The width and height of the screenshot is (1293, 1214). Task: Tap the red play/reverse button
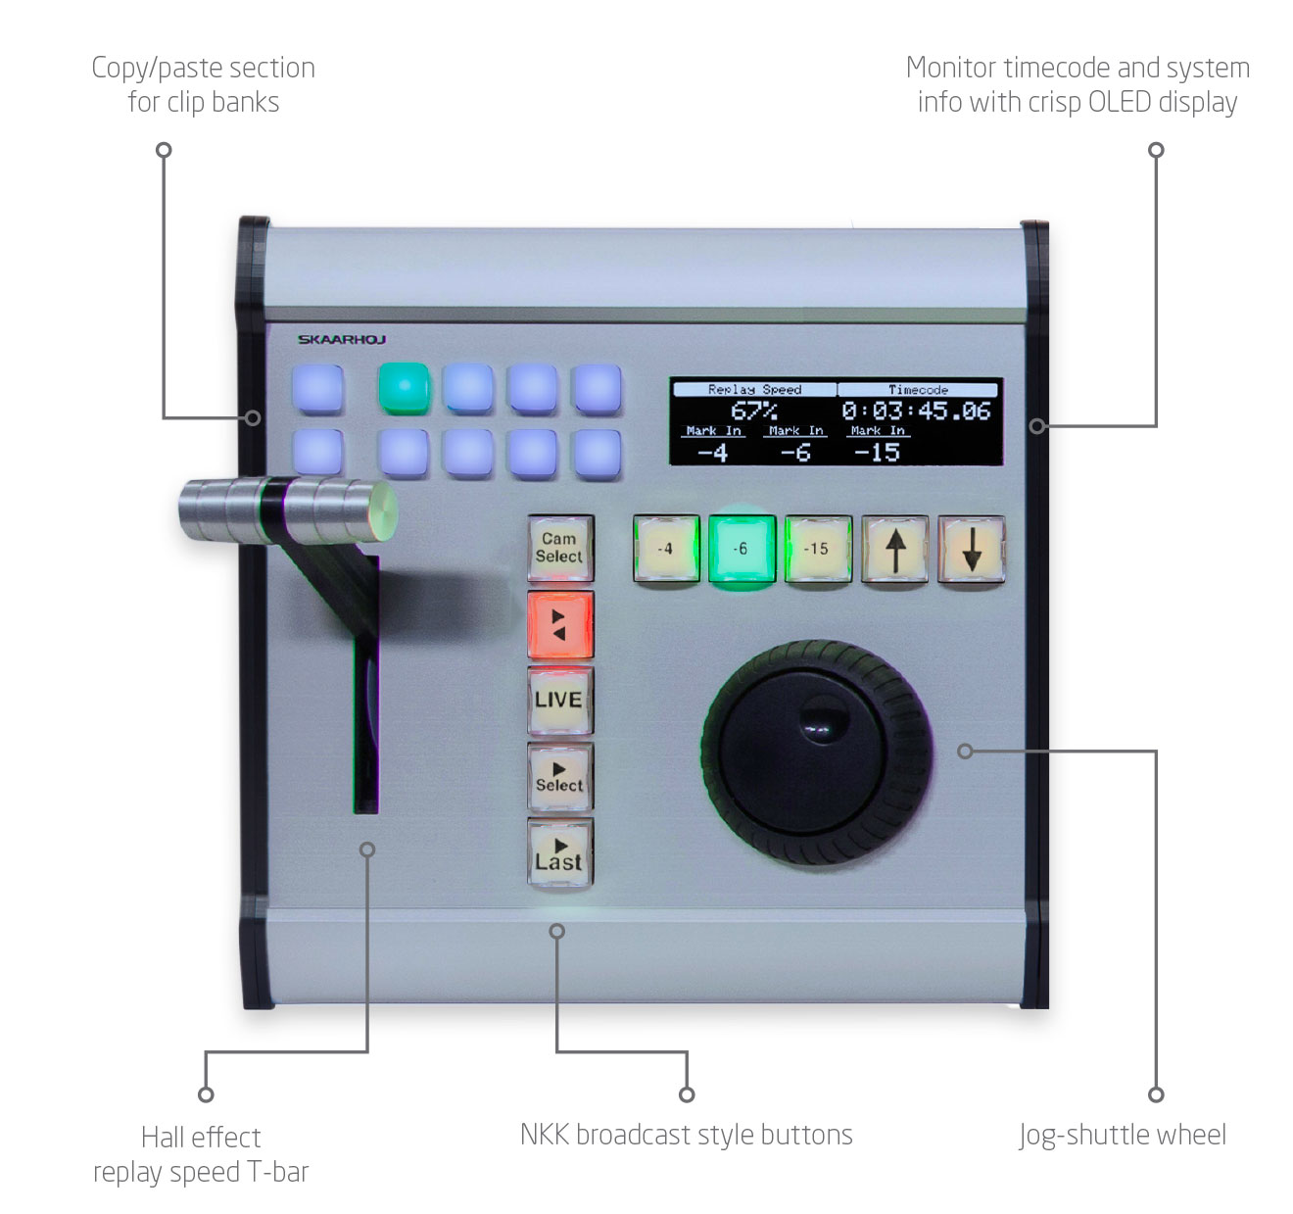tap(560, 624)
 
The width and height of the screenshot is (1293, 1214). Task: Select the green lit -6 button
tap(742, 549)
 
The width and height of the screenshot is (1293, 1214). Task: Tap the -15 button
tap(818, 549)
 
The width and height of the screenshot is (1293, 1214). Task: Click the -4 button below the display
tap(666, 549)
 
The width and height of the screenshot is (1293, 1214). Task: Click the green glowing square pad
tap(404, 388)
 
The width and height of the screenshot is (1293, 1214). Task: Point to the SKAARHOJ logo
tap(342, 339)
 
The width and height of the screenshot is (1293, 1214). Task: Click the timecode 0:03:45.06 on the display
tap(916, 411)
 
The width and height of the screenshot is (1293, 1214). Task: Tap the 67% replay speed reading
tap(754, 411)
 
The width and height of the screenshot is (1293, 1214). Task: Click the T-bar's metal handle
tap(288, 511)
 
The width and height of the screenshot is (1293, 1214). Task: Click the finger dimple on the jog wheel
tap(823, 718)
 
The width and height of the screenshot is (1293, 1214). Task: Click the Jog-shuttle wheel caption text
tap(1123, 1136)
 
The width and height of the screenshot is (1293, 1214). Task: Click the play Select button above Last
tap(560, 776)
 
